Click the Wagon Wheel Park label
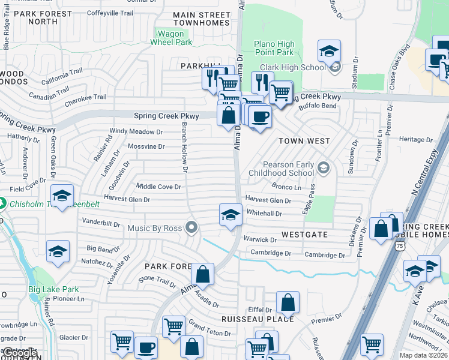(171, 38)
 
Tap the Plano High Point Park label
(274, 48)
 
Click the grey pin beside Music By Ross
(191, 227)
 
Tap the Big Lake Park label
(53, 289)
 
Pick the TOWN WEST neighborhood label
(304, 141)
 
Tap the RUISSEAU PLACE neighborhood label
(258, 319)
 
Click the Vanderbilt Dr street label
(101, 223)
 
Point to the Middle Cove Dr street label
(158, 187)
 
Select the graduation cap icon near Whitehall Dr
(230, 215)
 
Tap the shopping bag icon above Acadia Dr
(203, 274)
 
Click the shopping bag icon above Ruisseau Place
(288, 302)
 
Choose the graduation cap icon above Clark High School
(329, 52)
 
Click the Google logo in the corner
(19, 353)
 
